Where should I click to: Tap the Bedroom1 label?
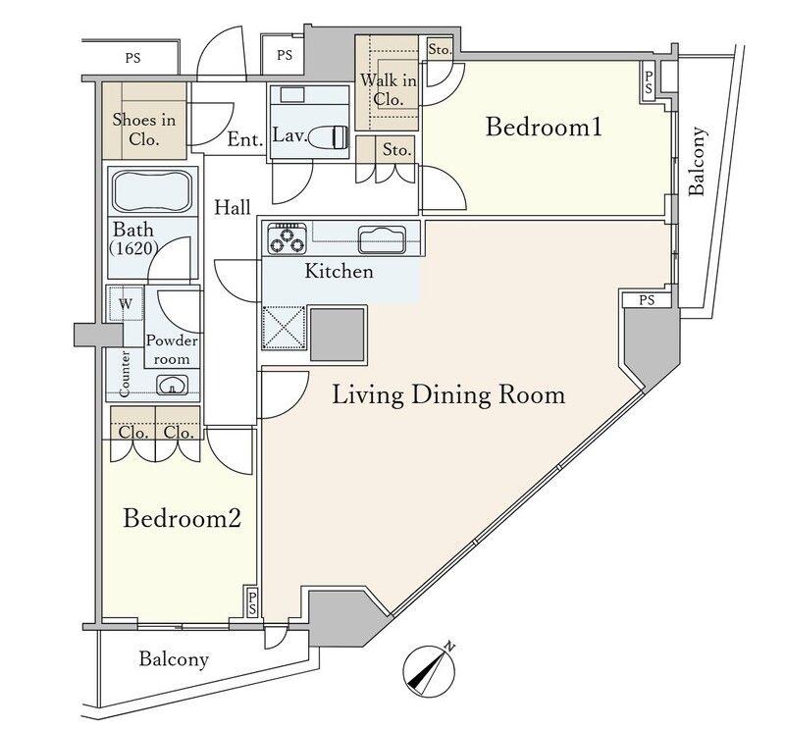(544, 127)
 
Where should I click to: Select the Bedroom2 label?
(183, 518)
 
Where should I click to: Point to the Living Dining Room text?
(448, 395)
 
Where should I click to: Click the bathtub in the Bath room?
(152, 191)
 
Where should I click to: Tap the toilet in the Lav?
(330, 137)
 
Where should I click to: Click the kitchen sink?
(382, 239)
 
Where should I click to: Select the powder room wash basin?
(173, 385)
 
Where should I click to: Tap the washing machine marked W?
(126, 304)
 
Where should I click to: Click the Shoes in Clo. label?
(144, 130)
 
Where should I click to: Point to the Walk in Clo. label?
(388, 89)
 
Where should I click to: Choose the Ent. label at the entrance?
(245, 139)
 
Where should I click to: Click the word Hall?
(233, 207)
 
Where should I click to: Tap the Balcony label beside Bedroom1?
(698, 161)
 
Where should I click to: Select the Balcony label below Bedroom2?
(174, 659)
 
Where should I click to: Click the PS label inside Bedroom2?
(252, 602)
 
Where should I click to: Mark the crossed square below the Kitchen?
(284, 328)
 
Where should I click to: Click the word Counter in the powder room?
(126, 374)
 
